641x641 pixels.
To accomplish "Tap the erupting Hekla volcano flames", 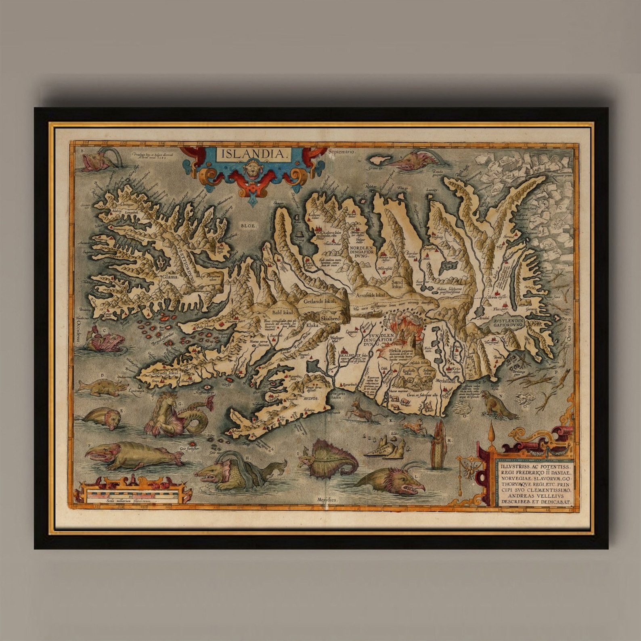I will click(402, 326).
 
